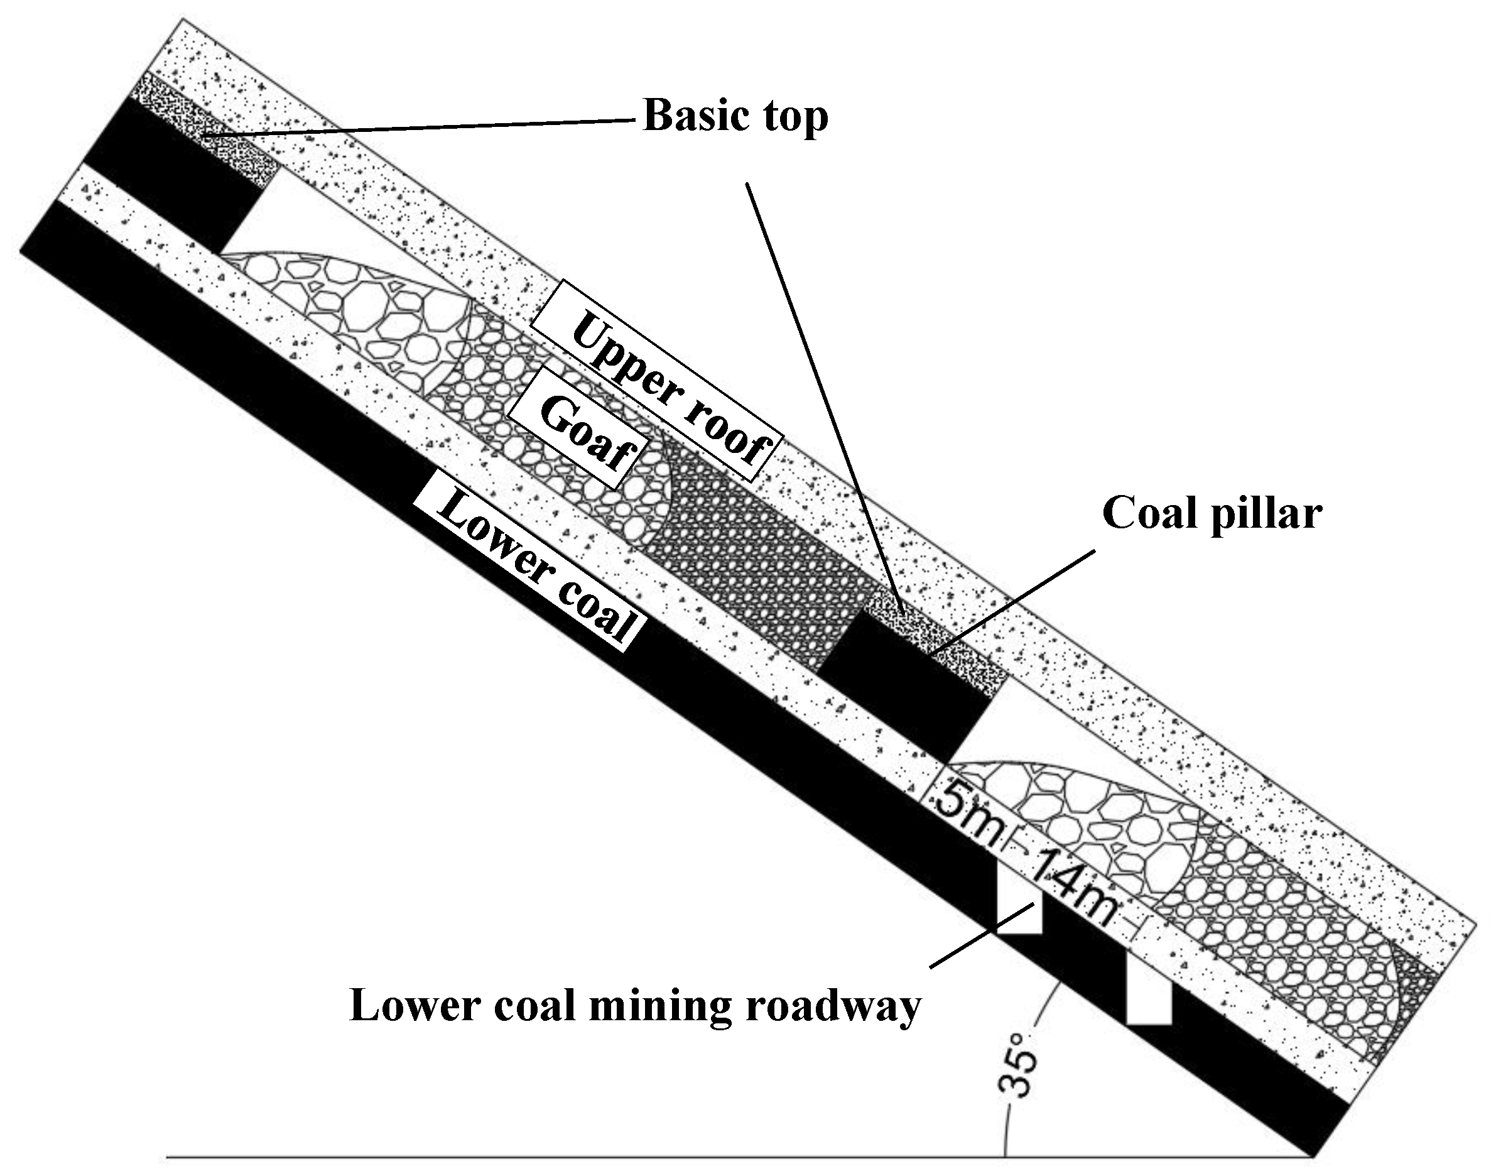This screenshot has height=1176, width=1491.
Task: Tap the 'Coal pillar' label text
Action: click(x=1212, y=514)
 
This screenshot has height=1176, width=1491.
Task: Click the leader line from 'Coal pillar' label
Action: click(x=1012, y=599)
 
